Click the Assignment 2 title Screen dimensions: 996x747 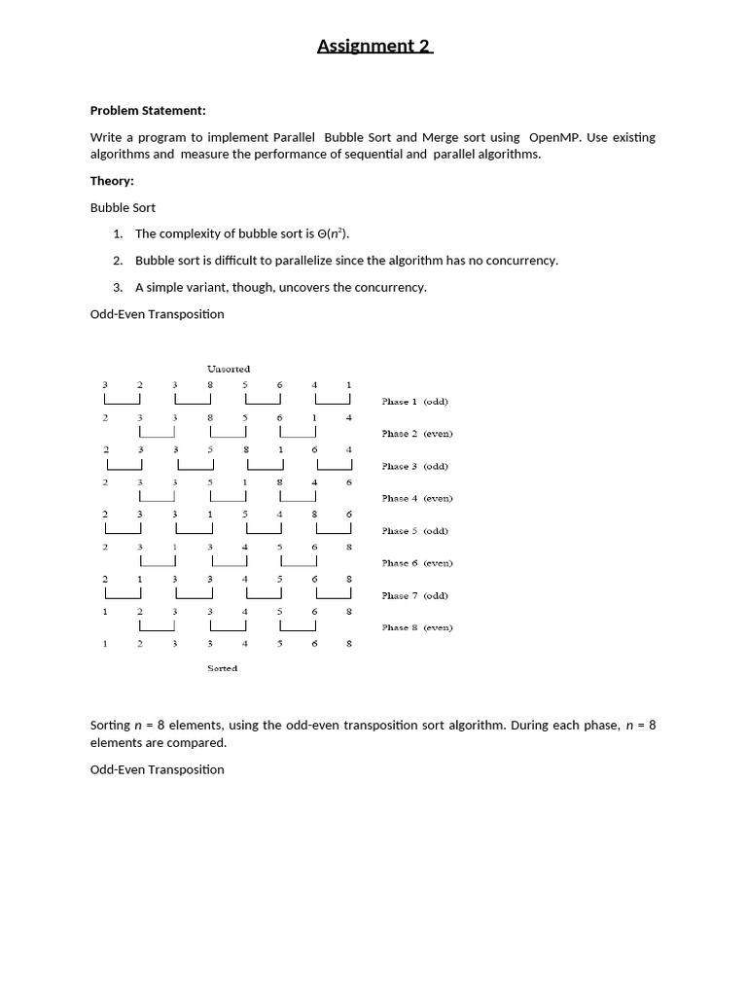pyautogui.click(x=374, y=46)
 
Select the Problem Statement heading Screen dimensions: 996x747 pyautogui.click(x=148, y=111)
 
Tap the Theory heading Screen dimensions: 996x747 pyautogui.click(x=112, y=181)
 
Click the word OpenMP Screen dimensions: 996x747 pyautogui.click(x=554, y=137)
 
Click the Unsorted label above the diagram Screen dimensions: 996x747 pyautogui.click(x=229, y=369)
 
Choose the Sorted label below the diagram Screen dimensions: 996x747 pyautogui.click(x=222, y=668)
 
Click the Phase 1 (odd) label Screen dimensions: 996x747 pyautogui.click(x=415, y=401)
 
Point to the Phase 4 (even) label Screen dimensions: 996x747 pyautogui.click(x=417, y=498)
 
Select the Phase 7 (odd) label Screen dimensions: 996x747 pyautogui.click(x=415, y=595)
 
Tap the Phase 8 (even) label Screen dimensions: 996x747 pyautogui.click(x=417, y=627)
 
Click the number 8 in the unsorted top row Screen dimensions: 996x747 pyautogui.click(x=210, y=385)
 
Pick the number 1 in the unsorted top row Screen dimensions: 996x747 pyautogui.click(x=349, y=385)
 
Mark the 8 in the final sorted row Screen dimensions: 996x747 pyautogui.click(x=349, y=644)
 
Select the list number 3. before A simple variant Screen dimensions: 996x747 pyautogui.click(x=118, y=287)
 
